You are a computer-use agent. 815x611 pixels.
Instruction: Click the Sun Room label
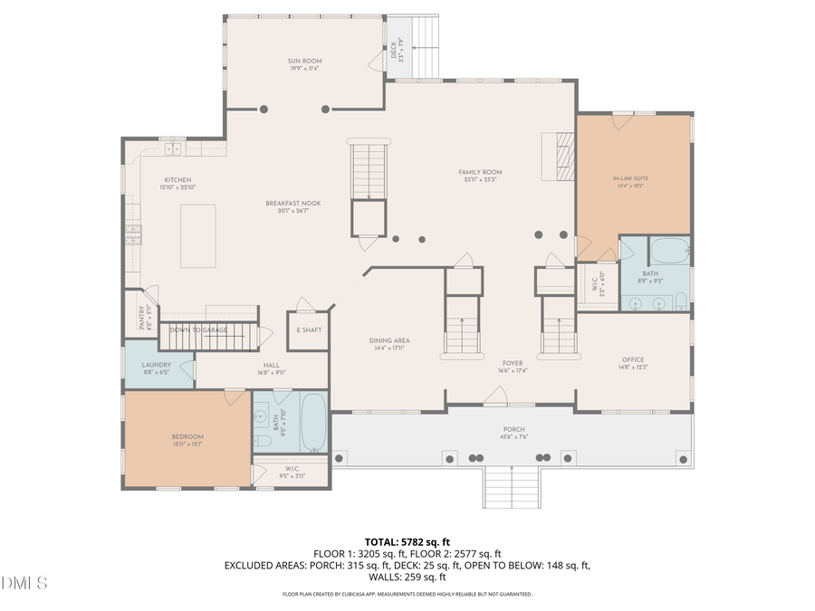pyautogui.click(x=304, y=62)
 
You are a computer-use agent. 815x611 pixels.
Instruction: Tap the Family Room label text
pyautogui.click(x=480, y=172)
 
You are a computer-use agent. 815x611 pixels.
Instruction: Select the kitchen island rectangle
pyautogui.click(x=197, y=235)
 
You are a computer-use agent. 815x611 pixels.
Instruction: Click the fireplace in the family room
pyautogui.click(x=564, y=158)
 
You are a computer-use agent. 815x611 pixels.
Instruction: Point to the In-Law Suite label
pyautogui.click(x=630, y=179)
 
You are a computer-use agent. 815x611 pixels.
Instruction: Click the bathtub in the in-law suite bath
pyautogui.click(x=669, y=250)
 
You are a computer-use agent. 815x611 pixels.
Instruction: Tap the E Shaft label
pyautogui.click(x=308, y=330)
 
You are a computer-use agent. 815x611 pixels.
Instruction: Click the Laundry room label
pyautogui.click(x=156, y=365)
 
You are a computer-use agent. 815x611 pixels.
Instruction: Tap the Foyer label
pyautogui.click(x=513, y=363)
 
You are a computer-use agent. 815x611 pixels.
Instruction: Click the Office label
pyautogui.click(x=632, y=359)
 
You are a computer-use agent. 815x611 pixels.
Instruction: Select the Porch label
pyautogui.click(x=513, y=430)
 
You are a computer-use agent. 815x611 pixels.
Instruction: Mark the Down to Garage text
pyautogui.click(x=198, y=330)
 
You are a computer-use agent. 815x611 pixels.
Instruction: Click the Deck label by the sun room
pyautogui.click(x=395, y=53)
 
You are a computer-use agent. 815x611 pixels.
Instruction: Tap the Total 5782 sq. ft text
pyautogui.click(x=407, y=541)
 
